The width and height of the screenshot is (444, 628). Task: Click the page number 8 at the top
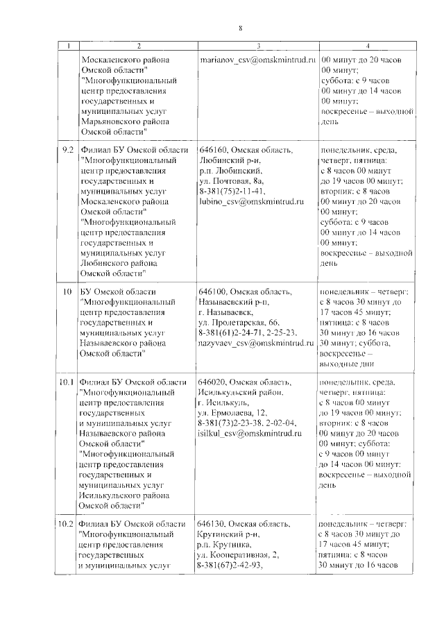pyautogui.click(x=240, y=28)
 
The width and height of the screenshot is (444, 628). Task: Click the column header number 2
pyautogui.click(x=139, y=46)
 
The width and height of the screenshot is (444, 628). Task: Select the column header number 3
pyautogui.click(x=258, y=46)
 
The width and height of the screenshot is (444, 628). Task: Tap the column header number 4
pyautogui.click(x=367, y=46)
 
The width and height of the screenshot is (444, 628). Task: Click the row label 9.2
pyautogui.click(x=68, y=151)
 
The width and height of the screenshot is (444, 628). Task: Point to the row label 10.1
pyautogui.click(x=67, y=382)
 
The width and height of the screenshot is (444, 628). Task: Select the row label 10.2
pyautogui.click(x=67, y=523)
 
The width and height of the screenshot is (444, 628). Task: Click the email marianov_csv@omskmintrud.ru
pyautogui.click(x=257, y=60)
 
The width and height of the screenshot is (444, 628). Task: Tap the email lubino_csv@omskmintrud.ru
pyautogui.click(x=252, y=201)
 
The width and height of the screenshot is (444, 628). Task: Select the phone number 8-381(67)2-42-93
pyautogui.click(x=232, y=563)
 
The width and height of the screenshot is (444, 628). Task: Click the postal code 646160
pyautogui.click(x=212, y=151)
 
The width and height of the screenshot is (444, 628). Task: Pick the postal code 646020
pyautogui.click(x=212, y=383)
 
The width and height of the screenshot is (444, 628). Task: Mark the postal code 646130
pyautogui.click(x=212, y=523)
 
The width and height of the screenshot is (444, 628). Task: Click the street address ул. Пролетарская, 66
pyautogui.click(x=239, y=323)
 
